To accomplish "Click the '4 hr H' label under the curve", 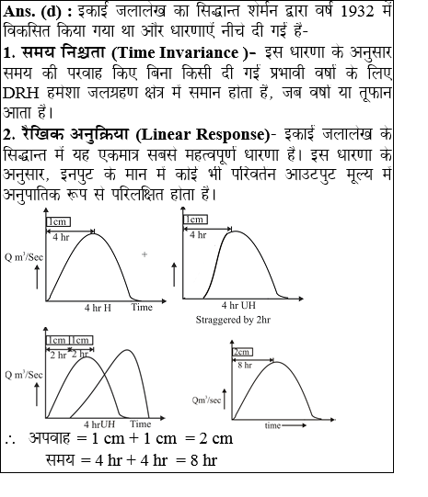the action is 98,307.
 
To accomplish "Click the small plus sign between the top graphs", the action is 145,253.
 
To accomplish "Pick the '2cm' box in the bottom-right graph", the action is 243,353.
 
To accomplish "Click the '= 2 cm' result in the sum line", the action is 208,437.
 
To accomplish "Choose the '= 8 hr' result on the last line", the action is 195,458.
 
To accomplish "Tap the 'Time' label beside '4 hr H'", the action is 141,307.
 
